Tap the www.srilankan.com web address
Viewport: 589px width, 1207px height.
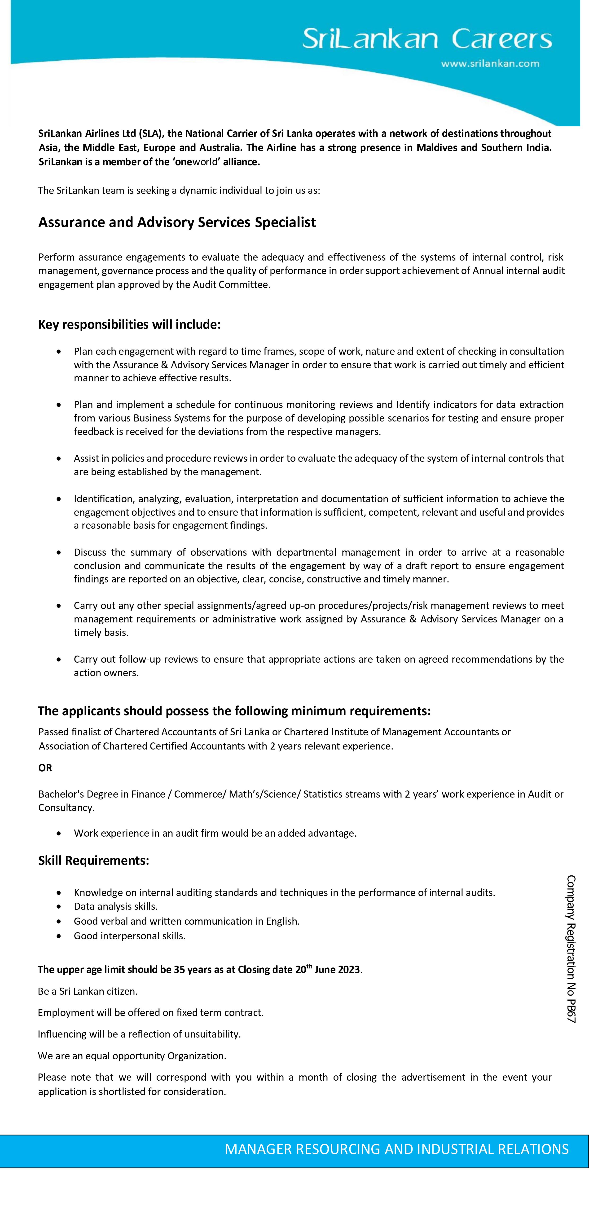point(490,64)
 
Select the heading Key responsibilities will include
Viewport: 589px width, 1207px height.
point(129,324)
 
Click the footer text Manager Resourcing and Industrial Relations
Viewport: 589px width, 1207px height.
point(396,1149)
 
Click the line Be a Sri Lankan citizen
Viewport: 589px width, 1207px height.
point(88,991)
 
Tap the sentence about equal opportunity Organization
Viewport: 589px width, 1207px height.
point(132,1056)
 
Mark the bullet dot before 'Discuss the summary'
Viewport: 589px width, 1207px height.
point(58,552)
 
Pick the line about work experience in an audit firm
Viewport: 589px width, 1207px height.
point(215,833)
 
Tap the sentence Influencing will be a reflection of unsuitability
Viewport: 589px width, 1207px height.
point(139,1034)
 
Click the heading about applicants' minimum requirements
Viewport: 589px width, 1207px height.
point(234,711)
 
